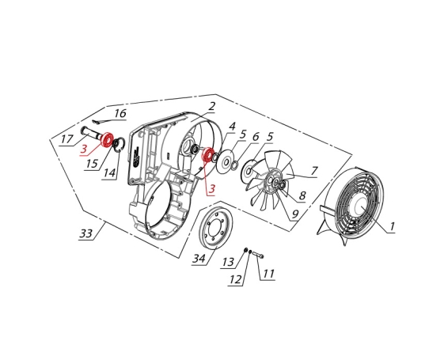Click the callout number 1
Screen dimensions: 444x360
coord(393,227)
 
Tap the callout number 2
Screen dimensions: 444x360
coord(211,106)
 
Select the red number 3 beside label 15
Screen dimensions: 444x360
coord(84,149)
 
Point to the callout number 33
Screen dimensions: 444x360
coord(86,233)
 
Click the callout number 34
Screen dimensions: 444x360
coord(199,259)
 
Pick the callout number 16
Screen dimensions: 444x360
coord(120,113)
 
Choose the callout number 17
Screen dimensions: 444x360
coord(66,139)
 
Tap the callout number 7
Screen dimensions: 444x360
coord(314,171)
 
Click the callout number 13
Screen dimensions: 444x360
coord(228,262)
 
